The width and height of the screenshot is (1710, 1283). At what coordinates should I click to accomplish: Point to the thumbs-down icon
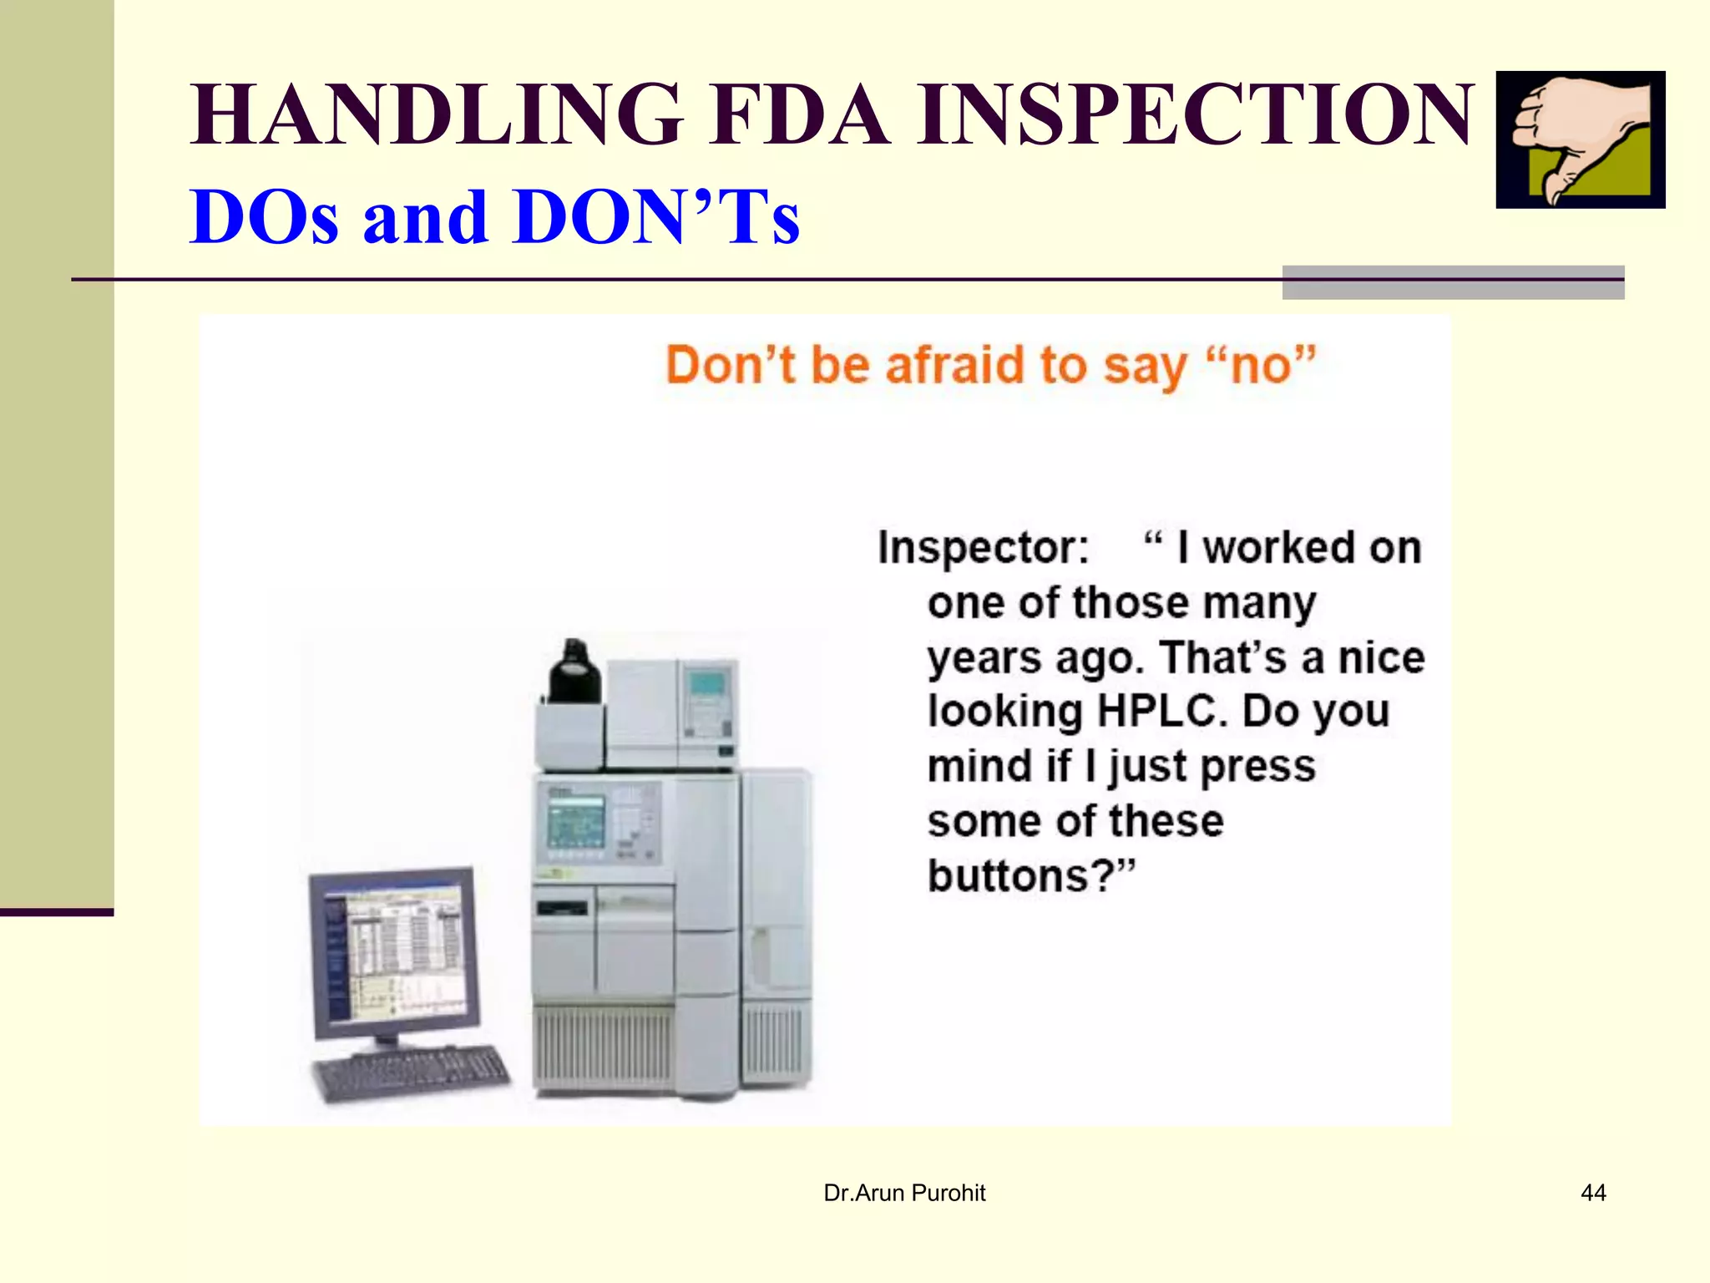coord(1580,139)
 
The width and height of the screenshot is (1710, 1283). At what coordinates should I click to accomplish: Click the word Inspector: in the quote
coord(983,549)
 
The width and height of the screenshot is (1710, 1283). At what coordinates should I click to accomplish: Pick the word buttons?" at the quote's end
coord(1031,876)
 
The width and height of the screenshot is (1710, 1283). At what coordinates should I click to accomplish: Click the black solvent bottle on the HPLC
coord(574,672)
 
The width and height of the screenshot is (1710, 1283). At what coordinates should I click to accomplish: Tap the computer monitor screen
coord(395,955)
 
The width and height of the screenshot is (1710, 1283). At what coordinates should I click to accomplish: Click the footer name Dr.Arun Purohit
coord(904,1193)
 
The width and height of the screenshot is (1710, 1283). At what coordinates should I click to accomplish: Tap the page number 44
coord(1593,1193)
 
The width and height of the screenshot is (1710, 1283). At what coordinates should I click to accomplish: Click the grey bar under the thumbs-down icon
coord(1452,282)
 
